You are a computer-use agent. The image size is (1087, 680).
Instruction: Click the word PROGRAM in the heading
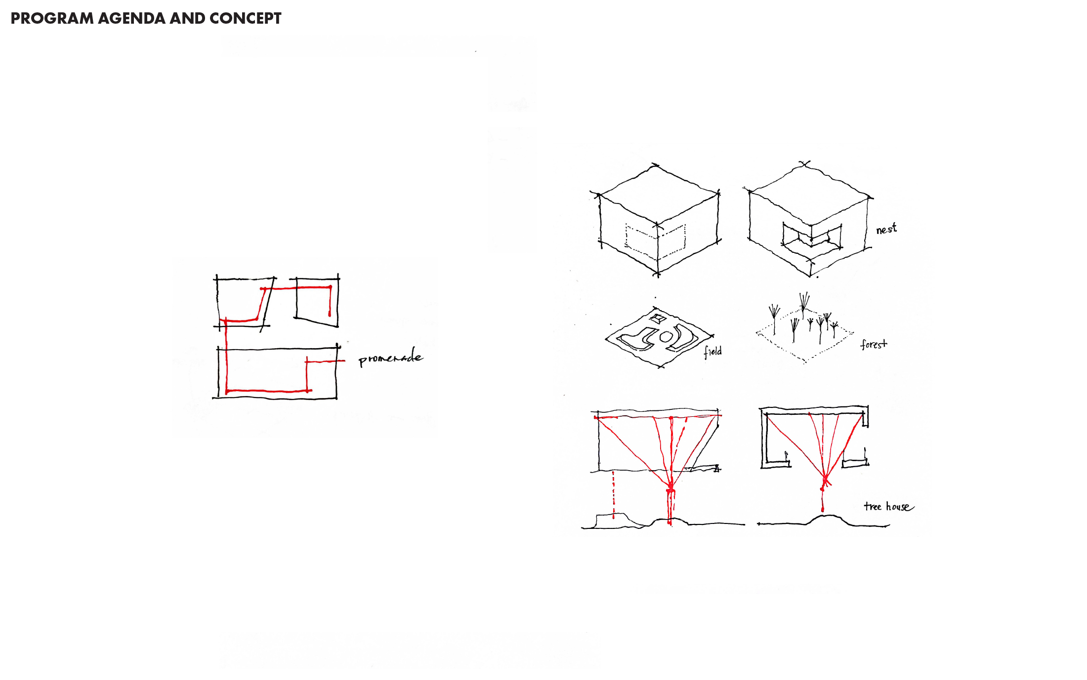pos(52,18)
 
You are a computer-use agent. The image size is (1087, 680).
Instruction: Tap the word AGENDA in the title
pos(131,18)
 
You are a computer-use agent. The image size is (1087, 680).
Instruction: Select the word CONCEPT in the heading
pos(246,18)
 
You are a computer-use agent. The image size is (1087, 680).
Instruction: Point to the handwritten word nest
pos(886,229)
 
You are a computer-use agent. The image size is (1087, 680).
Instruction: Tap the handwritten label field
pos(713,351)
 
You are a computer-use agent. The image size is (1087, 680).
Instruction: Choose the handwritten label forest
pos(874,344)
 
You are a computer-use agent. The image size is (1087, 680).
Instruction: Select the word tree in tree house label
pos(873,506)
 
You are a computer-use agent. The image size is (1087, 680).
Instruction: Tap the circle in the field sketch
pos(666,337)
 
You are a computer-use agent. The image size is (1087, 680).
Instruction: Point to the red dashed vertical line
pos(614,494)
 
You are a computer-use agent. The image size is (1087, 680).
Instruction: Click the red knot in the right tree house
pos(825,480)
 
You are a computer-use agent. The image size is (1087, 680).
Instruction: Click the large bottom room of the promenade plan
pos(277,372)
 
